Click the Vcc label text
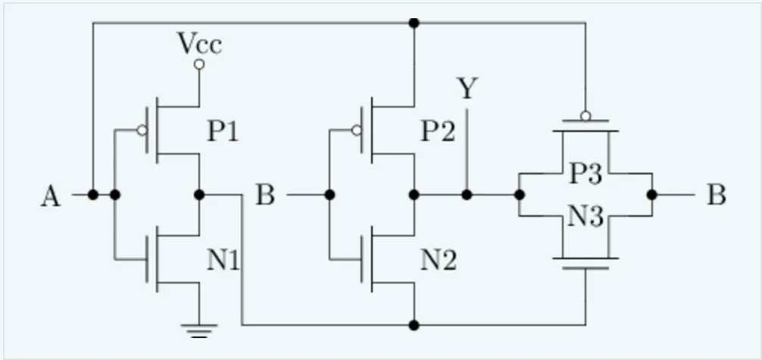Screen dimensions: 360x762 click(199, 44)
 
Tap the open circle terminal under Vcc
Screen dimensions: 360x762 click(199, 65)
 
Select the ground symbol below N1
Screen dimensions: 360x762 click(199, 330)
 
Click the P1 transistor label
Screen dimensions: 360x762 click(223, 132)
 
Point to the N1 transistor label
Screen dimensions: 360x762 click(223, 261)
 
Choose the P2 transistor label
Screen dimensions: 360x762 click(438, 132)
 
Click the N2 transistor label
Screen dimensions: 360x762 click(439, 261)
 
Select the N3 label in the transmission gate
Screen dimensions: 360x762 click(586, 218)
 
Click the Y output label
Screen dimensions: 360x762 click(467, 90)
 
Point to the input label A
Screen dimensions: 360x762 click(50, 197)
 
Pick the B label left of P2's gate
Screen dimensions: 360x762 click(264, 196)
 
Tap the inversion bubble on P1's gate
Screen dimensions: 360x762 click(141, 130)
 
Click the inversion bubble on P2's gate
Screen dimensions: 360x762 click(355, 130)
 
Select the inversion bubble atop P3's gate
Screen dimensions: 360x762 click(585, 117)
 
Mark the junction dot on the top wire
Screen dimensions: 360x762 click(414, 23)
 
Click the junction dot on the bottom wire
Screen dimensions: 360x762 click(414, 325)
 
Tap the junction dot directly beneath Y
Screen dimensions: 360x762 click(467, 195)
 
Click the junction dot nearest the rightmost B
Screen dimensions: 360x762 click(652, 195)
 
